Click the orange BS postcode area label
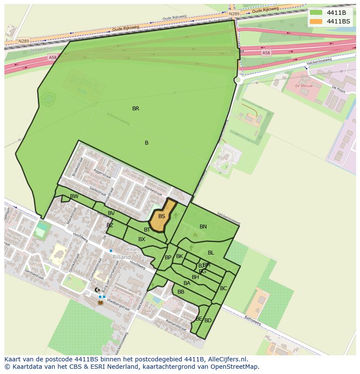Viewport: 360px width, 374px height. [162, 216]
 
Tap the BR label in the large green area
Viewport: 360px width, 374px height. [136, 109]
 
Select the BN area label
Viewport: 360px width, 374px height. [203, 226]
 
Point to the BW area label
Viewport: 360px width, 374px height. [74, 196]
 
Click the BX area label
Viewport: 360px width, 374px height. [142, 239]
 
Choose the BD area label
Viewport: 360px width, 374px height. [208, 321]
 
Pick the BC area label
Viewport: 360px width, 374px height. [223, 288]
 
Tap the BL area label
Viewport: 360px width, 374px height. [211, 253]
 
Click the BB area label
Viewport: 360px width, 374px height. [181, 292]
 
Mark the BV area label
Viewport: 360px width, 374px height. [111, 213]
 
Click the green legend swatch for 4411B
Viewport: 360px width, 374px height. [316, 13]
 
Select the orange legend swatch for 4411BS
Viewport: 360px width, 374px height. [316, 21]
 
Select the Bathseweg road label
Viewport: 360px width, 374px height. [252, 321]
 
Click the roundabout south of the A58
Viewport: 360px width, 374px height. [238, 80]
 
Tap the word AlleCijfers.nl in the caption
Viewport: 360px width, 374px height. [227, 359]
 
